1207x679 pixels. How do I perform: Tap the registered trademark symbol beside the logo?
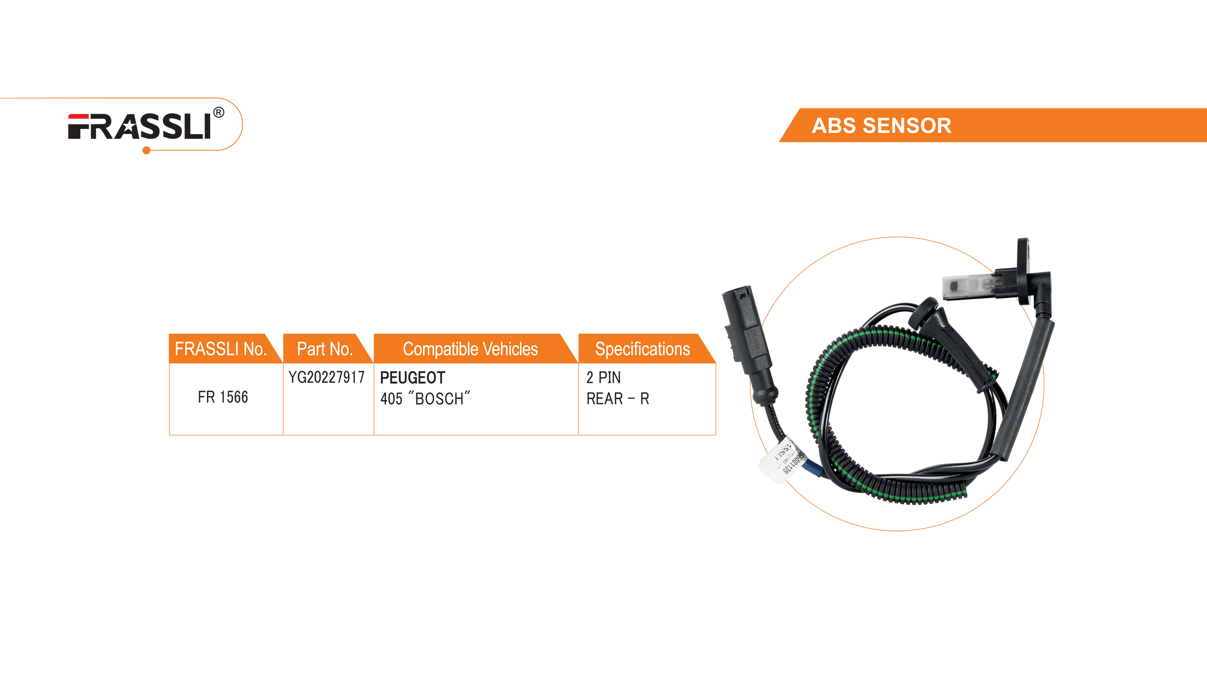(x=218, y=113)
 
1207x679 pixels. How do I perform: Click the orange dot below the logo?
(x=146, y=150)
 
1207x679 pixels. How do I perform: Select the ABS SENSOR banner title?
(x=881, y=126)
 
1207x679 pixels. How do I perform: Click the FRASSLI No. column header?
(x=220, y=349)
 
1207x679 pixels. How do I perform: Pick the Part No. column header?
(x=325, y=349)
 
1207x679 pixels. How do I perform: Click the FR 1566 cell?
(x=223, y=397)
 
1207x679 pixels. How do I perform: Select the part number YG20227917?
(x=326, y=377)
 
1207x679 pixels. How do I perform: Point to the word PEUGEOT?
(x=412, y=378)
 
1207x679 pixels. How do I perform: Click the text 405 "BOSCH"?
(x=425, y=399)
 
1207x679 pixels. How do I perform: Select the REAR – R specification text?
(x=618, y=399)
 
